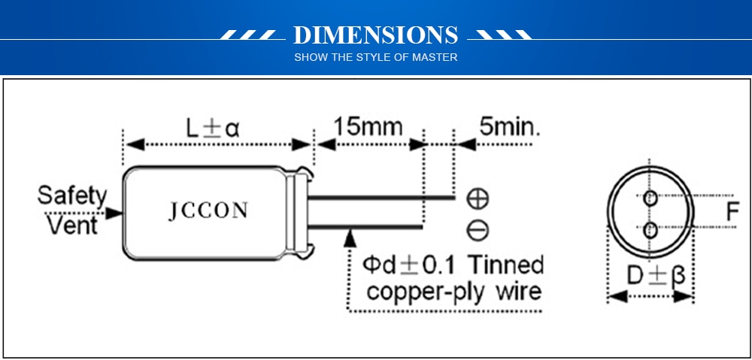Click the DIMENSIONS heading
[375, 35]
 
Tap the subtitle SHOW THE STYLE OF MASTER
[375, 58]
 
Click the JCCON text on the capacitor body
[208, 211]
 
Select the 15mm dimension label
[368, 126]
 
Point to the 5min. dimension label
[509, 127]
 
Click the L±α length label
[213, 129]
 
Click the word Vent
[73, 225]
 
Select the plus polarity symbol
[478, 198]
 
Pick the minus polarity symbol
[478, 231]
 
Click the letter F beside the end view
[732, 211]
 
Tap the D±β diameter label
[656, 276]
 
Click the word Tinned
[505, 265]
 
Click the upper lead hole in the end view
[650, 198]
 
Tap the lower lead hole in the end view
[650, 231]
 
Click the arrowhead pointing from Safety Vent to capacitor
[114, 213]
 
